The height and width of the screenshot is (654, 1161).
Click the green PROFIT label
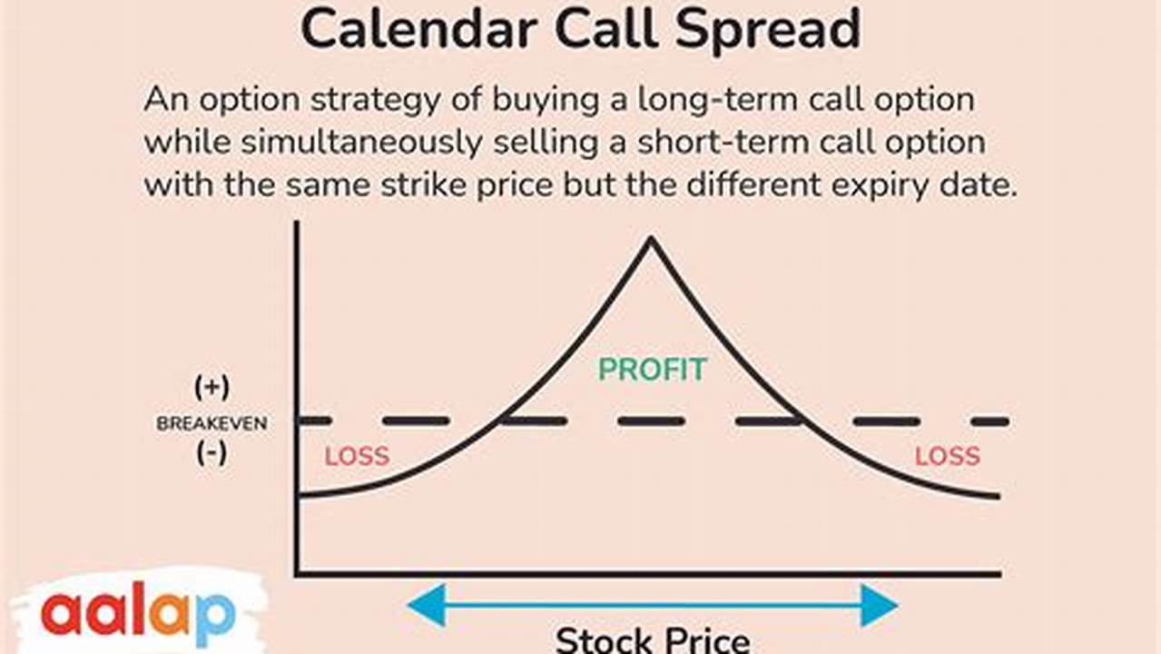point(652,370)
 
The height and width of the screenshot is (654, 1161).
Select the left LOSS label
point(357,456)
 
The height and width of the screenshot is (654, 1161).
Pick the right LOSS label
point(947,456)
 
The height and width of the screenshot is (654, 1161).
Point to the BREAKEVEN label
point(212,424)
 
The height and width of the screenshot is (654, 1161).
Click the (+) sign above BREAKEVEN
point(212,388)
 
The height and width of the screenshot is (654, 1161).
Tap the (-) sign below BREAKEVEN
point(212,452)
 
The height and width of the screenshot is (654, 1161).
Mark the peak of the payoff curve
point(650,239)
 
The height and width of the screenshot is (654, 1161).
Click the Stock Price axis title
point(652,639)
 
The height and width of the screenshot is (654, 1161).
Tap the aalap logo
point(138,614)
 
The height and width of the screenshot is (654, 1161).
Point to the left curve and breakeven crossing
point(499,421)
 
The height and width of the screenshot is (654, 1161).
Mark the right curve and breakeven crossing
point(802,421)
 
